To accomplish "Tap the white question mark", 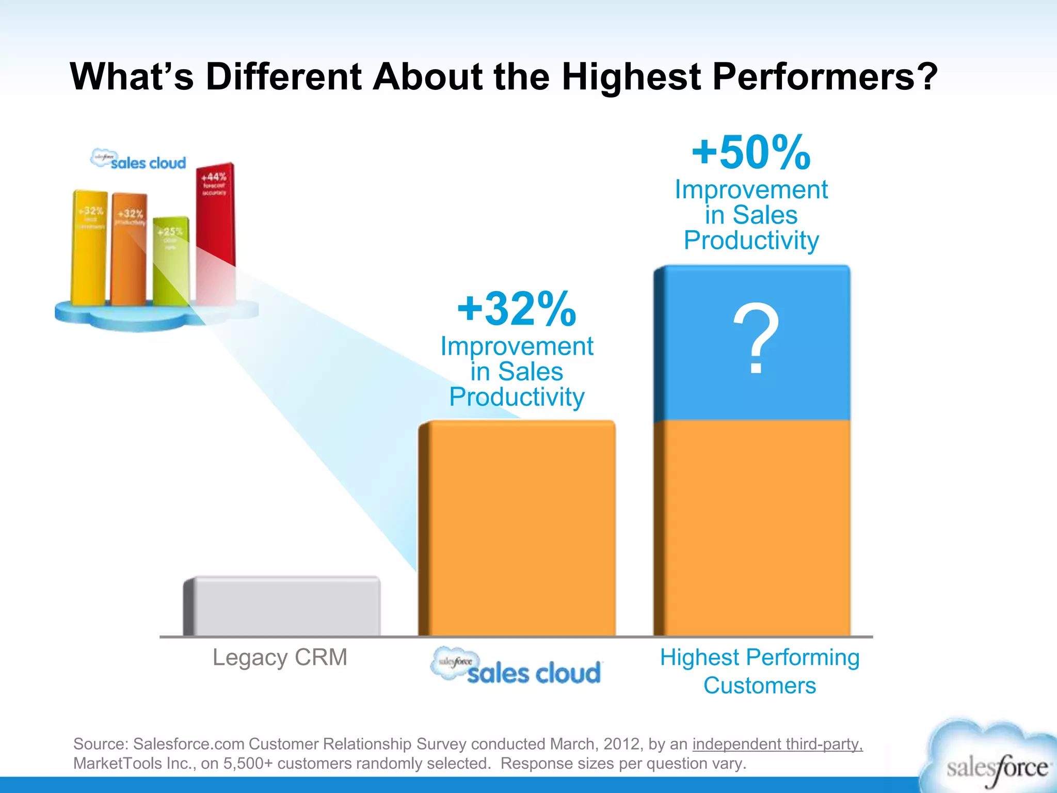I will [x=756, y=338].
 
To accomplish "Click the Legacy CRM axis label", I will [x=280, y=658].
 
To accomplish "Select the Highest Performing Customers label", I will [x=760, y=671].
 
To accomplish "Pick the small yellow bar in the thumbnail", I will [x=89, y=248].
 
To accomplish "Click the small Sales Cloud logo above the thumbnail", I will [x=138, y=160].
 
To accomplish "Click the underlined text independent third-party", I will [x=777, y=744].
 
